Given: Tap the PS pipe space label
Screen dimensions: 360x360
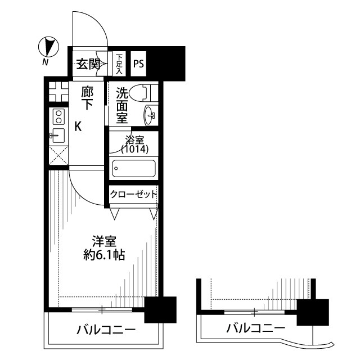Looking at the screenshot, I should (x=138, y=64).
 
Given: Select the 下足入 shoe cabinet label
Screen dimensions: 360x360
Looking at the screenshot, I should (x=119, y=64).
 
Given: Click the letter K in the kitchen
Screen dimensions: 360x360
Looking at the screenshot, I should (x=78, y=127).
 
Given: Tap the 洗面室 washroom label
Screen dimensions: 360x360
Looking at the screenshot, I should (x=122, y=105).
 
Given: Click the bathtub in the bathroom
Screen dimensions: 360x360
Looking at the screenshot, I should (x=134, y=168).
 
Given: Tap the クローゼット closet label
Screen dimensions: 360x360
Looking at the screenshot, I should (x=133, y=195).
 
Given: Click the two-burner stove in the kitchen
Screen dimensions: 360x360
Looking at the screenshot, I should (x=57, y=116).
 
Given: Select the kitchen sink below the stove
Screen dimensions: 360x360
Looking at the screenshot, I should (x=57, y=135).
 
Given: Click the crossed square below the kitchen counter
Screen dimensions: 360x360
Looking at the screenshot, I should (x=58, y=156).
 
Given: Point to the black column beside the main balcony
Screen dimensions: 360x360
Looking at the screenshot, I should (x=160, y=309).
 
